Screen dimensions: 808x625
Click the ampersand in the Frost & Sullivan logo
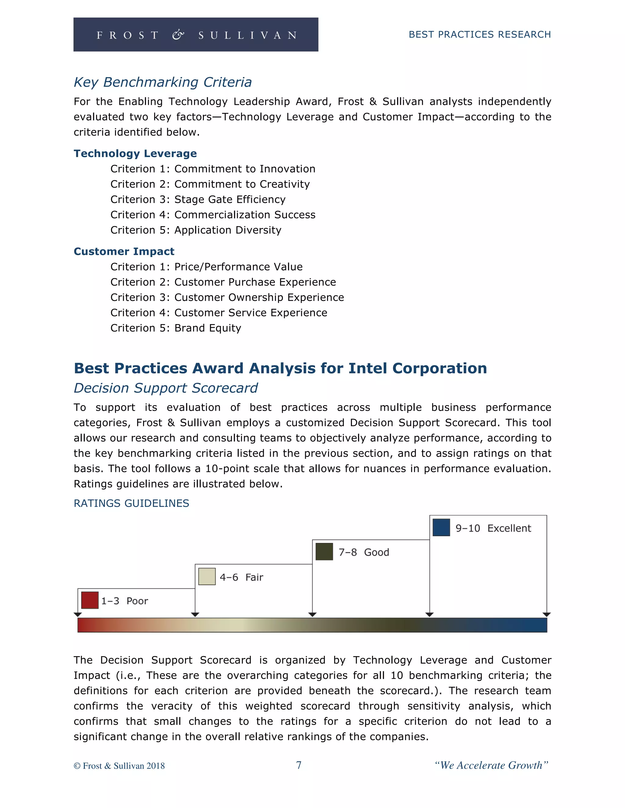[178, 35]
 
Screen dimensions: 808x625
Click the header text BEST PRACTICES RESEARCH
[479, 34]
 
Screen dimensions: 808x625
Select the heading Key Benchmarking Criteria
[163, 82]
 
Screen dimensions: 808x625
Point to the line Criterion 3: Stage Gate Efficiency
[198, 199]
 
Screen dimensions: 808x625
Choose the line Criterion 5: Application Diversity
[196, 230]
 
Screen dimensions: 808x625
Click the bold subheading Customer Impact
[124, 251]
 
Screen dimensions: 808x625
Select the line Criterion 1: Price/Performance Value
[206, 267]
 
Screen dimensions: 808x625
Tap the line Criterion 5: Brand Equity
[175, 328]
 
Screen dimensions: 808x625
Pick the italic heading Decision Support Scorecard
[165, 388]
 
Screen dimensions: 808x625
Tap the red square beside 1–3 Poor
[90, 600]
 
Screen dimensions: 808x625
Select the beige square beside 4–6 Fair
[207, 576]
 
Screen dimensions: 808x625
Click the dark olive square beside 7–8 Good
[324, 552]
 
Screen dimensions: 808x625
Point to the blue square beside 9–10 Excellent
[441, 527]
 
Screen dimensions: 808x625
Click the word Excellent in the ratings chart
[509, 528]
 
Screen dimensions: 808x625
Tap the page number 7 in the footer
[298, 765]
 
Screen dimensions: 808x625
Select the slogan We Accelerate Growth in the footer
[491, 765]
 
